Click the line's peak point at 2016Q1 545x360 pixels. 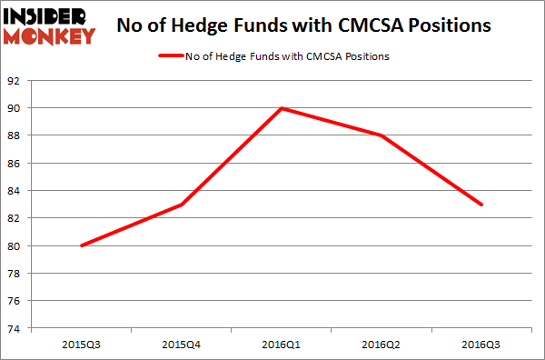(282, 108)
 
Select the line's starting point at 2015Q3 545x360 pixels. (83, 245)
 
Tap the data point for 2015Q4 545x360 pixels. (183, 205)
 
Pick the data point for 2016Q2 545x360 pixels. (382, 135)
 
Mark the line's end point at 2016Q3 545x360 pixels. (481, 205)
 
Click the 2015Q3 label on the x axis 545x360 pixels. (83, 344)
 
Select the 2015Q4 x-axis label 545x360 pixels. (183, 344)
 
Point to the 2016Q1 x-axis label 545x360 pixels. (282, 344)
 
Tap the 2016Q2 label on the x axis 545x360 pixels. (382, 344)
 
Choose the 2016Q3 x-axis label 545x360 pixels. (481, 344)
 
